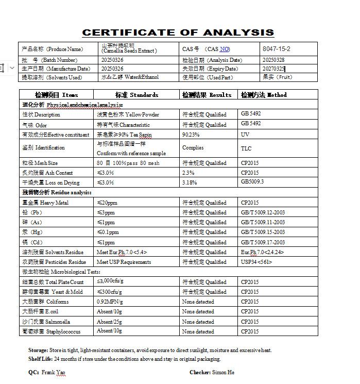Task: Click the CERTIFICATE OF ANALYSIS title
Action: pos(178,32)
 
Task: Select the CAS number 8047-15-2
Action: pos(277,49)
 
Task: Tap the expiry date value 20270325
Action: pos(273,69)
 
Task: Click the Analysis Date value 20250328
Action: pos(273,60)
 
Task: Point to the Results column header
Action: pos(207,95)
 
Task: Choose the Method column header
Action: pos(264,95)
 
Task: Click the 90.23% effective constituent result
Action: pos(191,135)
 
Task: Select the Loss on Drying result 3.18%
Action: pos(189,182)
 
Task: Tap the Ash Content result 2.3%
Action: pos(188,173)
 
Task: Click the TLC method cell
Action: pos(246,148)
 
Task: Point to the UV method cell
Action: pos(245,135)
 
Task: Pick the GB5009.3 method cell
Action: pos(252,182)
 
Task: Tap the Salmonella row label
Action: pos(46,322)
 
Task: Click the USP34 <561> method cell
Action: pos(256,262)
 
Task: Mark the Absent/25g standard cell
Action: pos(109,322)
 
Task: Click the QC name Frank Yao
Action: pos(54,372)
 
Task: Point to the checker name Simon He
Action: pos(223,372)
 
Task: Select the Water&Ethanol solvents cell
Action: pos(130,77)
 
